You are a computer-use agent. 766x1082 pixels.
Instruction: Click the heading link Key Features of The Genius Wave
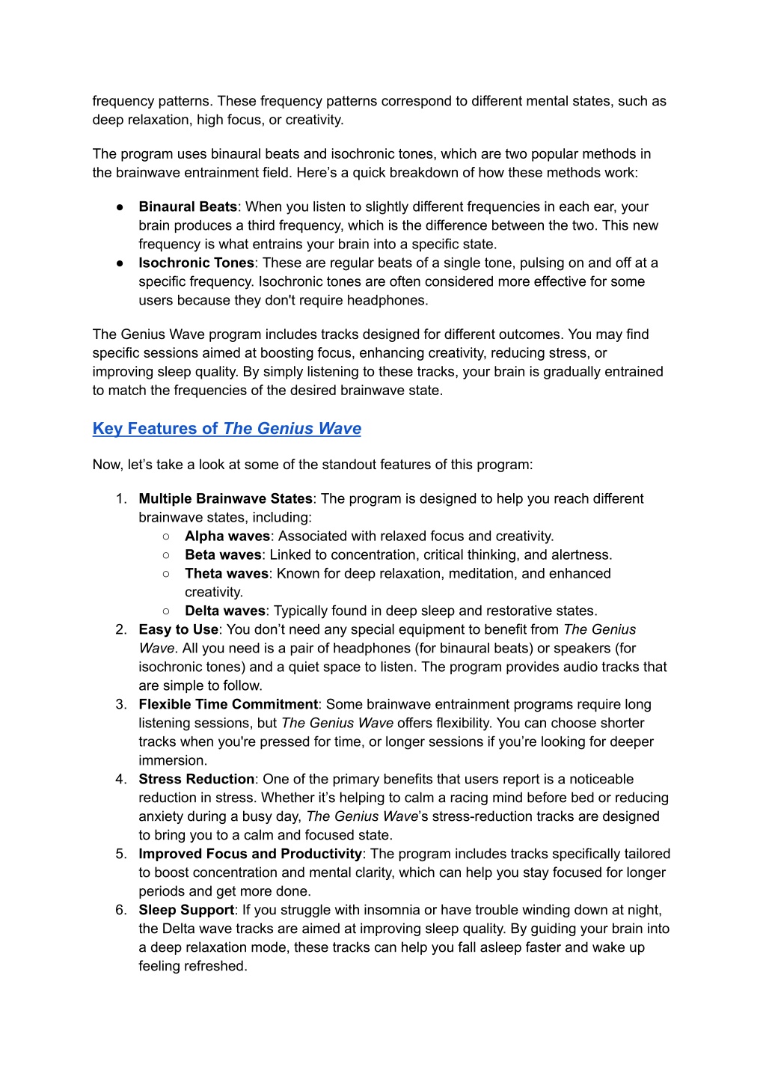(x=227, y=429)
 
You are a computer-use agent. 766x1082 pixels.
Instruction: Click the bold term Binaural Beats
(x=188, y=207)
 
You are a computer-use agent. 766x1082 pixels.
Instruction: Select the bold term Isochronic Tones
(x=196, y=263)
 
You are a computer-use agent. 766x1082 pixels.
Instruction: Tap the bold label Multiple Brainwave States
(x=225, y=498)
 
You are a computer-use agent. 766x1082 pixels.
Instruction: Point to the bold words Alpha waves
(x=227, y=536)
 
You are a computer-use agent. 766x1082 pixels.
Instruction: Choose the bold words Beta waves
(x=223, y=554)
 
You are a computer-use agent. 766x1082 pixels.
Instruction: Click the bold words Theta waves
(x=226, y=573)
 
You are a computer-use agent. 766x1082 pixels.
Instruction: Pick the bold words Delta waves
(x=225, y=611)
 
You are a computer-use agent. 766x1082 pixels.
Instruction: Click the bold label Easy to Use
(x=178, y=629)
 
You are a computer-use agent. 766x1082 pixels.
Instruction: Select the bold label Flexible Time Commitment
(x=228, y=704)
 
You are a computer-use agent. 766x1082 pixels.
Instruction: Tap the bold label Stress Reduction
(x=196, y=779)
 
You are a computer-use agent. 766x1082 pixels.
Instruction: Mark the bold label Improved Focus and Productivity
(x=250, y=854)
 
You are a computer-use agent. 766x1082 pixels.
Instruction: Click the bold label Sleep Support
(x=186, y=910)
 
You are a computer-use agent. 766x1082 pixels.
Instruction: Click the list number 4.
(x=120, y=779)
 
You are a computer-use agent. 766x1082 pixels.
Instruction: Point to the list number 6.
(x=120, y=910)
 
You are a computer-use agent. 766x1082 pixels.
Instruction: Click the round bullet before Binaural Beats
(x=120, y=207)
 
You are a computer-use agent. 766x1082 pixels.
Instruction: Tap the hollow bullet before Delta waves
(x=165, y=611)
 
